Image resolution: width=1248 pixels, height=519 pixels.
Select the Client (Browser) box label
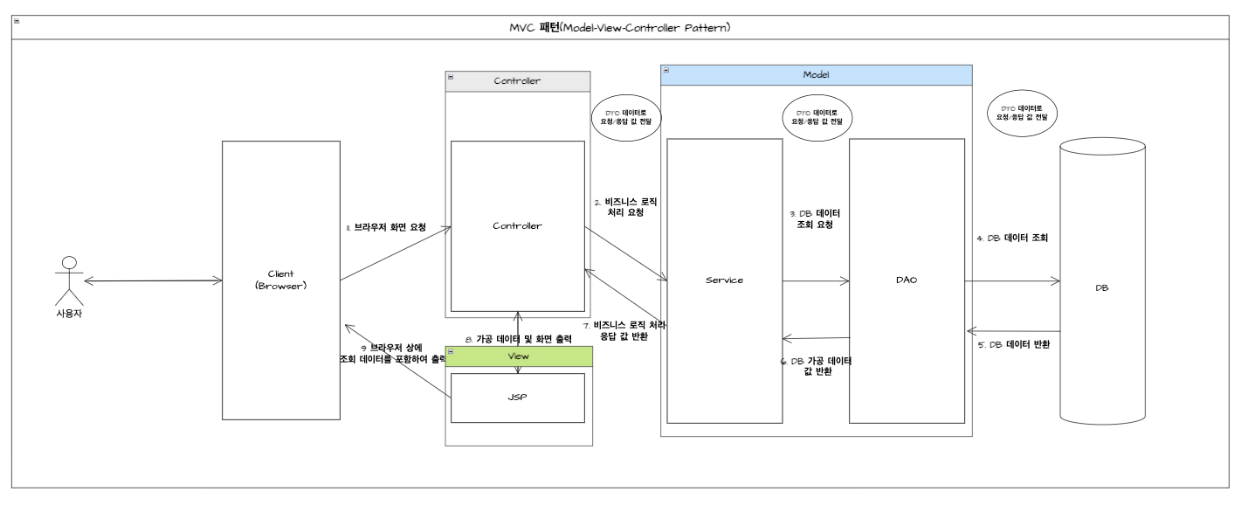(x=280, y=280)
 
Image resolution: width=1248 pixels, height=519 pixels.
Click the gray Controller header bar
(x=517, y=81)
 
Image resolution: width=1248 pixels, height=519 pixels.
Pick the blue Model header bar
(x=816, y=75)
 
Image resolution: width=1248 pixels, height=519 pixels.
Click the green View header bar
(x=519, y=356)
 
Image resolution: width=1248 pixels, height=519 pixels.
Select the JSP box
(x=517, y=398)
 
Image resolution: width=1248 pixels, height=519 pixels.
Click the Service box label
(x=724, y=280)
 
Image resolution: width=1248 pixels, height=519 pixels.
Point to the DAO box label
(x=907, y=280)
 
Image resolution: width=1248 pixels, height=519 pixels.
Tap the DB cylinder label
(x=1101, y=287)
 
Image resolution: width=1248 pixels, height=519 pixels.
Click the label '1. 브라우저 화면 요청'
(x=386, y=227)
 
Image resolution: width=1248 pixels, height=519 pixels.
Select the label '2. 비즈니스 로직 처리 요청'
(x=624, y=206)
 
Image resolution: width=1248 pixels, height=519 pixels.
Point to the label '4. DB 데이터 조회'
(x=1011, y=238)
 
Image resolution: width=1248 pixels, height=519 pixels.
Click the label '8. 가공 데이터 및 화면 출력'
(x=519, y=338)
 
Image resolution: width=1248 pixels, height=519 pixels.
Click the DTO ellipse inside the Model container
(x=817, y=117)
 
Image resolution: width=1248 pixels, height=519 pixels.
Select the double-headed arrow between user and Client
(x=152, y=280)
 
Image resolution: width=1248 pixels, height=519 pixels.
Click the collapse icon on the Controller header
(x=451, y=77)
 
